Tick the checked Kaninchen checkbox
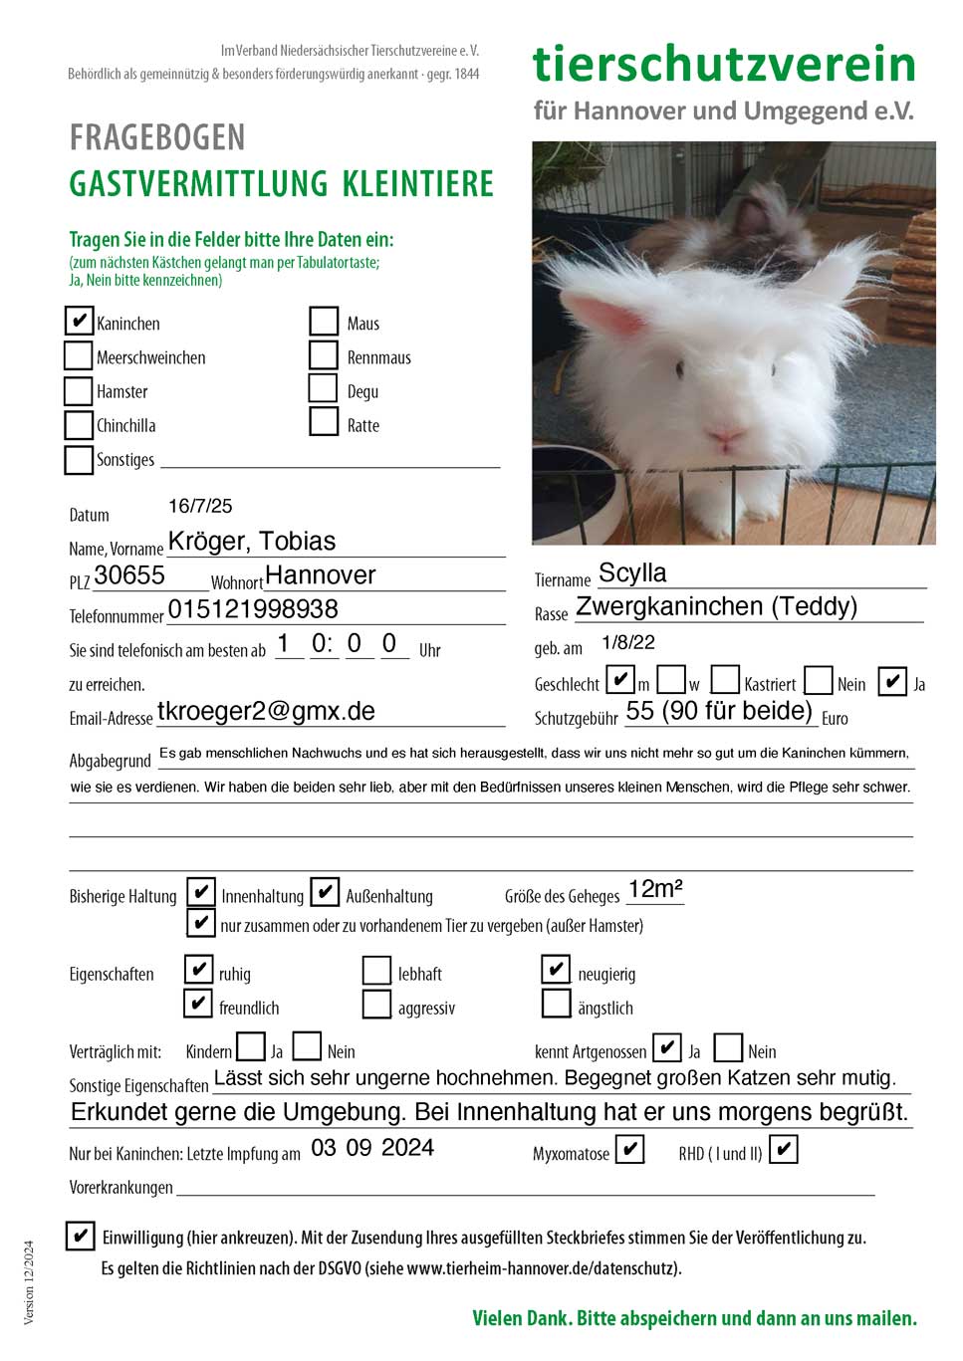click(x=79, y=321)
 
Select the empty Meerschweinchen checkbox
click(x=79, y=355)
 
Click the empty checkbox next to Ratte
click(x=324, y=421)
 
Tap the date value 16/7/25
click(x=200, y=506)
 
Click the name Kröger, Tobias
click(x=252, y=542)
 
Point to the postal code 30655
click(x=129, y=575)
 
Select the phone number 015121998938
click(x=253, y=609)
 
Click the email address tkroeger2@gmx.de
click(x=266, y=711)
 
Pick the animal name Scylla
click(x=632, y=573)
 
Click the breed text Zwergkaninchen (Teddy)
click(x=716, y=606)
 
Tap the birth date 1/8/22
click(x=628, y=642)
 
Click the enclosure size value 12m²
click(x=655, y=889)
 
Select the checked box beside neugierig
click(x=556, y=969)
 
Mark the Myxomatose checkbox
click(x=629, y=1150)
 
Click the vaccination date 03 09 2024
click(x=372, y=1148)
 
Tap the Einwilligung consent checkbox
click(x=80, y=1236)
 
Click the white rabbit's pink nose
click(x=724, y=434)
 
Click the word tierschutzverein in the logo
click(x=724, y=64)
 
